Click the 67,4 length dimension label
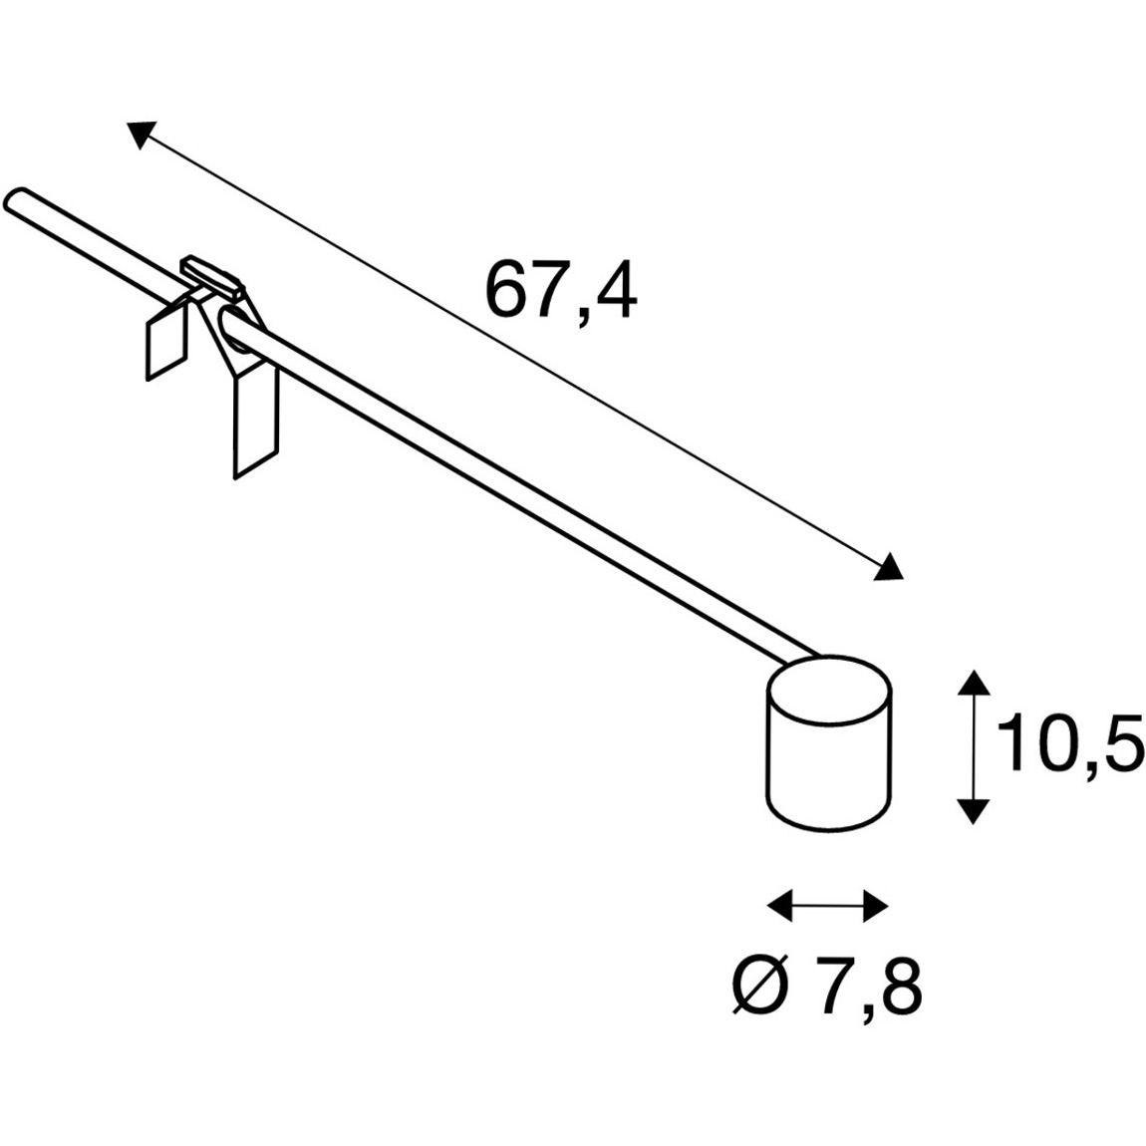tap(561, 291)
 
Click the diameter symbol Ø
tap(760, 989)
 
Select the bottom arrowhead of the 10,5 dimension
tap(973, 811)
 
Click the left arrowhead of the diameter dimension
tap(780, 905)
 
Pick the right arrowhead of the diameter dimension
tap(876, 906)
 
